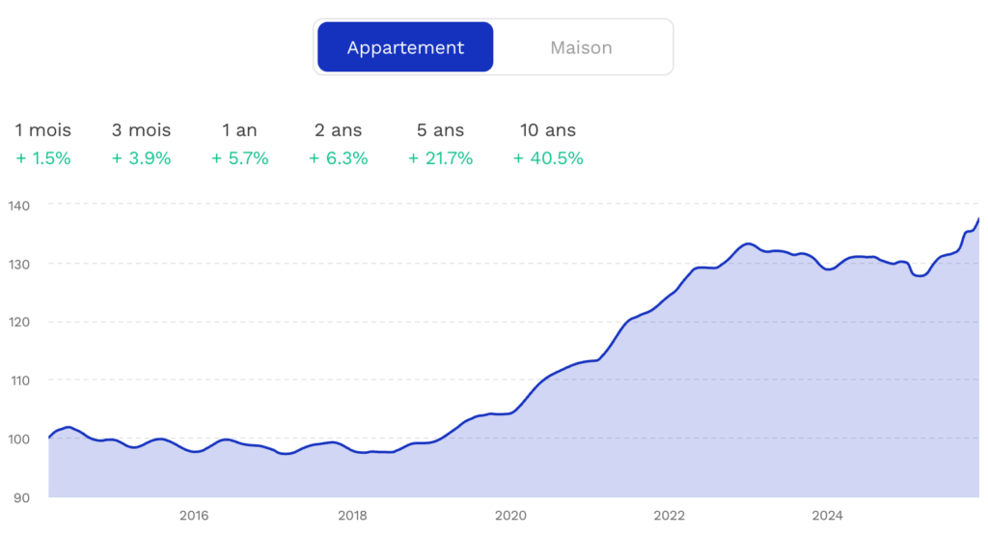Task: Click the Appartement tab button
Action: coord(405,47)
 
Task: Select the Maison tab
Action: coord(581,47)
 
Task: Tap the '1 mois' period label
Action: coord(43,130)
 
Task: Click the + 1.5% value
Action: coord(43,158)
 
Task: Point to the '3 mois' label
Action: coord(141,130)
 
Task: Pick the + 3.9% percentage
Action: coord(141,158)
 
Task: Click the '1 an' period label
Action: coord(239,130)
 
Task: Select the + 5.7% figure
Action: coord(239,158)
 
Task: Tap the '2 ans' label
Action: coord(338,130)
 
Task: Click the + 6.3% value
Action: coord(338,158)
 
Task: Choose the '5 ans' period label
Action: coord(440,130)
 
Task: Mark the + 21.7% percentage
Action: coord(440,158)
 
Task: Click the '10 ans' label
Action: coord(547,130)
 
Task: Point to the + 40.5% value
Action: coord(547,158)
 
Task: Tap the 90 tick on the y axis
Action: coord(21,497)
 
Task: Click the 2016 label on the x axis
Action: coord(193,516)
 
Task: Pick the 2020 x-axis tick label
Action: coord(510,516)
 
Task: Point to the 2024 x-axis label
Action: coord(827,516)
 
